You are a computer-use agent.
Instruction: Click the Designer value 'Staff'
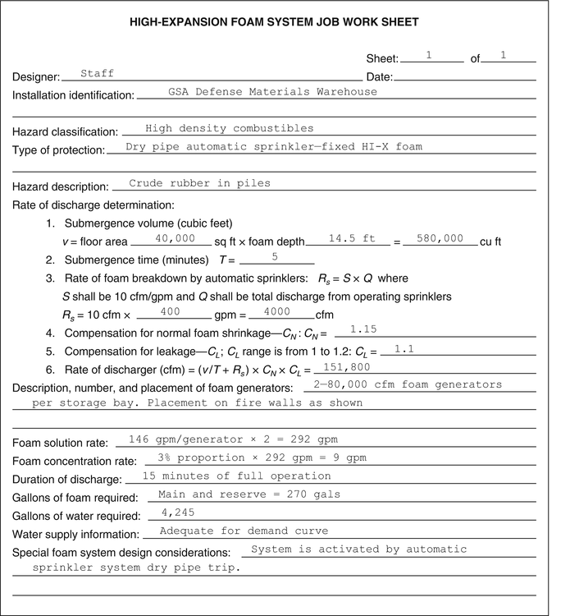click(97, 73)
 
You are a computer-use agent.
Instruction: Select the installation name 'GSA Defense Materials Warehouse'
click(272, 91)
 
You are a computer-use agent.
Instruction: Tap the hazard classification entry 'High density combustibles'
click(229, 128)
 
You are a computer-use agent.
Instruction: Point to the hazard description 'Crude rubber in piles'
click(199, 183)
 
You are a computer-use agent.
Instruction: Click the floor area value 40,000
click(174, 237)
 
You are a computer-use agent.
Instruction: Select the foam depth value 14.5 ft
click(351, 237)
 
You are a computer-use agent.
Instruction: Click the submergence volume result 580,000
click(440, 237)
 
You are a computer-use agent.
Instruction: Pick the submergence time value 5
click(275, 256)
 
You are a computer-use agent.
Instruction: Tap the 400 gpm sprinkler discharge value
click(170, 311)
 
